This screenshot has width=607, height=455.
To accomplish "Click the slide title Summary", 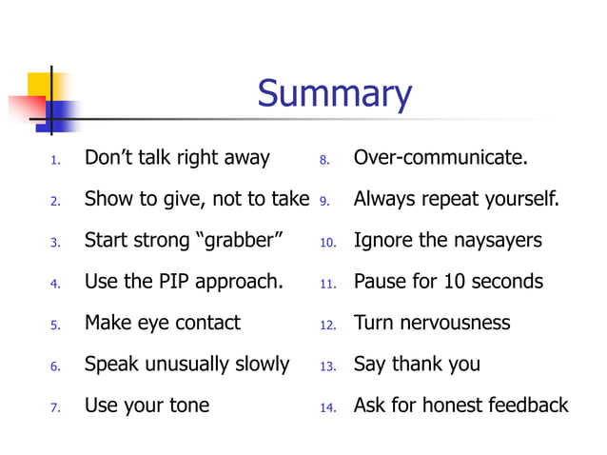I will click(334, 94).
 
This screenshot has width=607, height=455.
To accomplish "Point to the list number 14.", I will click(327, 407).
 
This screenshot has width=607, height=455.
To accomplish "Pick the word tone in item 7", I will click(188, 406).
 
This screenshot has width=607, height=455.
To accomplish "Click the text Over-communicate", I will click(441, 157).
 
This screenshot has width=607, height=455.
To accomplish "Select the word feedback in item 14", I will click(527, 406).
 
